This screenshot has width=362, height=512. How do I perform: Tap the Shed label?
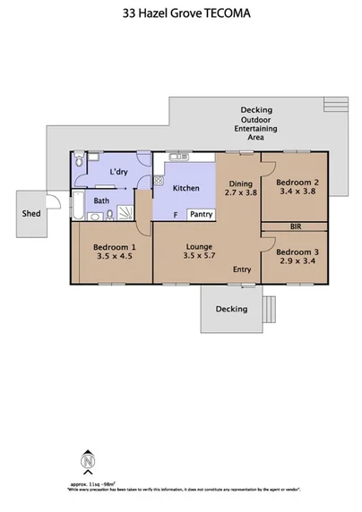pos(32,215)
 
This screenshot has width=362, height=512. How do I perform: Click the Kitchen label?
pos(185,188)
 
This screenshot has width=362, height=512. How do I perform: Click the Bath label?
pos(101,201)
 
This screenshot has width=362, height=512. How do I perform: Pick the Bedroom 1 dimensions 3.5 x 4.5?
pos(109,254)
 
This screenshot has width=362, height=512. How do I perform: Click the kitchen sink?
pos(175,158)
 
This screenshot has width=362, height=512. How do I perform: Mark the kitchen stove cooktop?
pos(159,180)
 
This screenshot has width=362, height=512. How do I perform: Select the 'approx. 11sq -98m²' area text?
pos(89,484)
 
